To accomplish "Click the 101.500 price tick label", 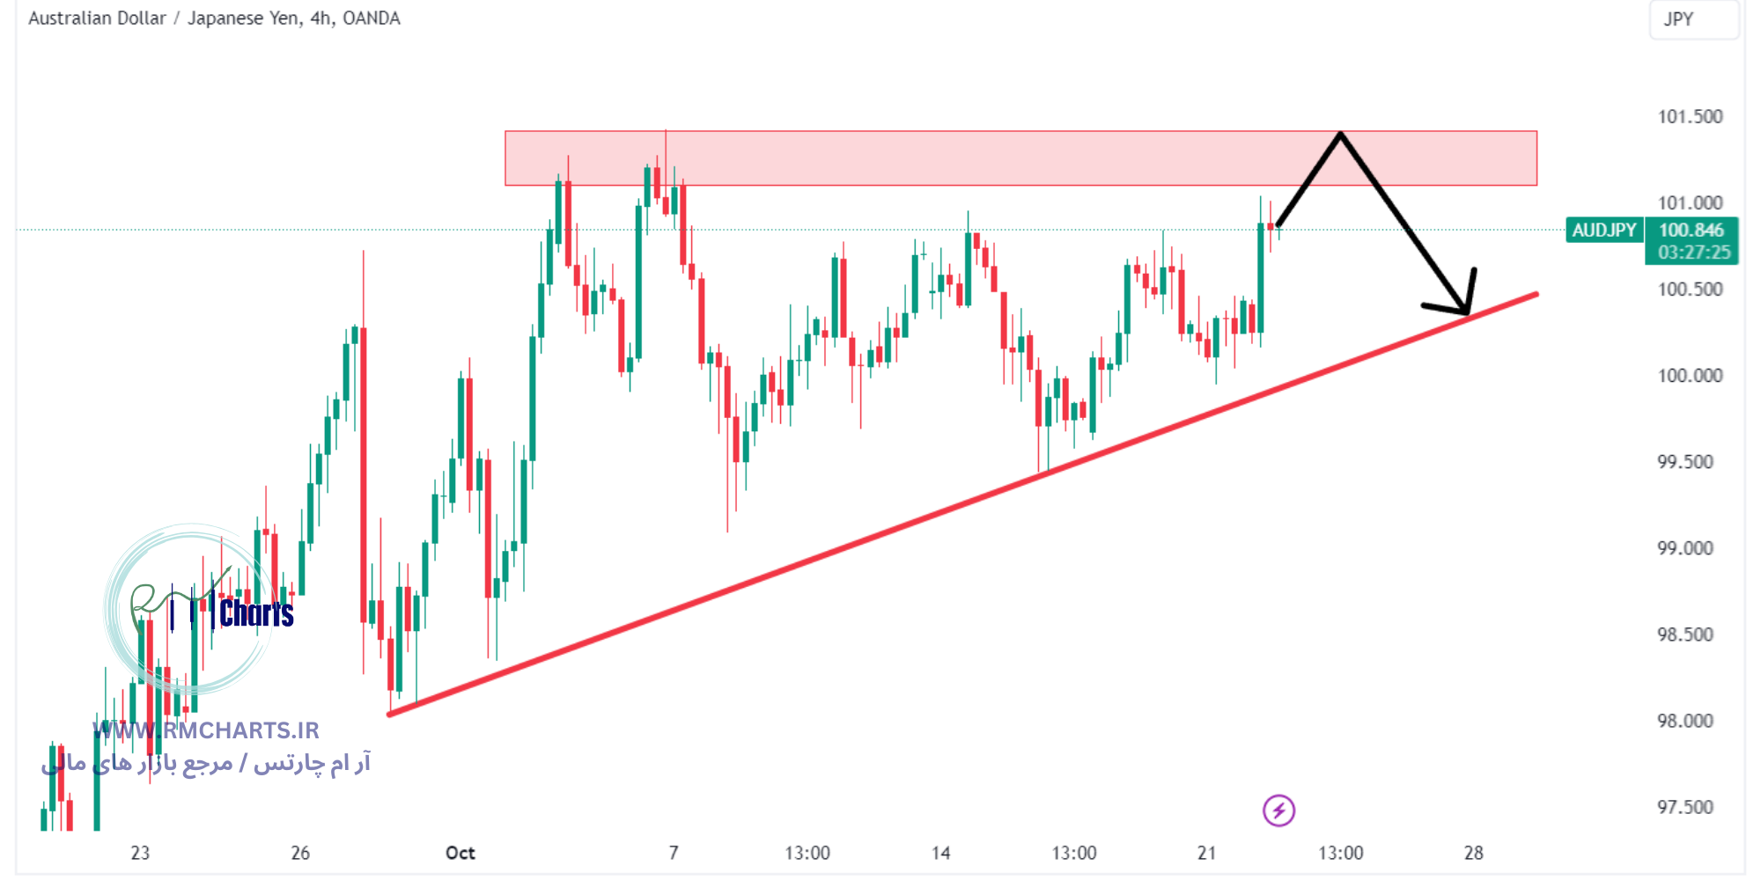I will point(1690,117).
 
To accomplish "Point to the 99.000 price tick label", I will point(1685,548).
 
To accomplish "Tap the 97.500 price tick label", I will point(1685,807).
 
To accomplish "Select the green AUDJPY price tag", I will point(1603,231).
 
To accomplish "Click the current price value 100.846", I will point(1691,231).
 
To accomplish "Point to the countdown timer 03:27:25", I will point(1693,253).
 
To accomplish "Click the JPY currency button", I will point(1678,19).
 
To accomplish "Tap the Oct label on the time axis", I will point(460,853).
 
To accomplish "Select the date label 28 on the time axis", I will point(1473,853).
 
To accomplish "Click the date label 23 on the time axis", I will point(140,853).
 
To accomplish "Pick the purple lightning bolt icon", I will point(1278,810).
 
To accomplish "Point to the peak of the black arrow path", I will point(1340,134).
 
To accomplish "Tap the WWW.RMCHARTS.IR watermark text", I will point(206,730).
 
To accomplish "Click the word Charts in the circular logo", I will point(256,613).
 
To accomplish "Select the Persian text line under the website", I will point(206,763).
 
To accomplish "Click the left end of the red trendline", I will point(390,714).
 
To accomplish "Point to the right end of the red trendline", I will point(1536,294).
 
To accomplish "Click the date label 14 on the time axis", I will point(940,853).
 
